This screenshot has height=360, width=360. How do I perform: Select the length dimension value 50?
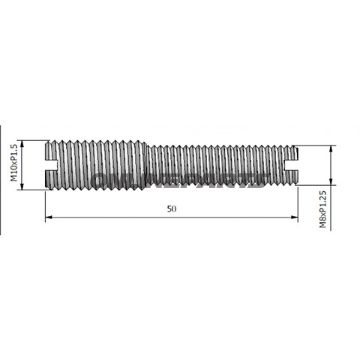(x=173, y=210)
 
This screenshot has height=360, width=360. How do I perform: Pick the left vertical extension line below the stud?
(x=45, y=205)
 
